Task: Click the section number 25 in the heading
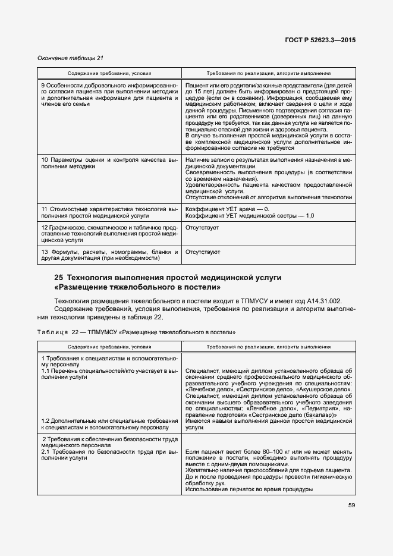58,278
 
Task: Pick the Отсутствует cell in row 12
202,228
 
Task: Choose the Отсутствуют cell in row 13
203,252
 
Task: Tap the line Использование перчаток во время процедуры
249,489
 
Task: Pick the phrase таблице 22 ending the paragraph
144,318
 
